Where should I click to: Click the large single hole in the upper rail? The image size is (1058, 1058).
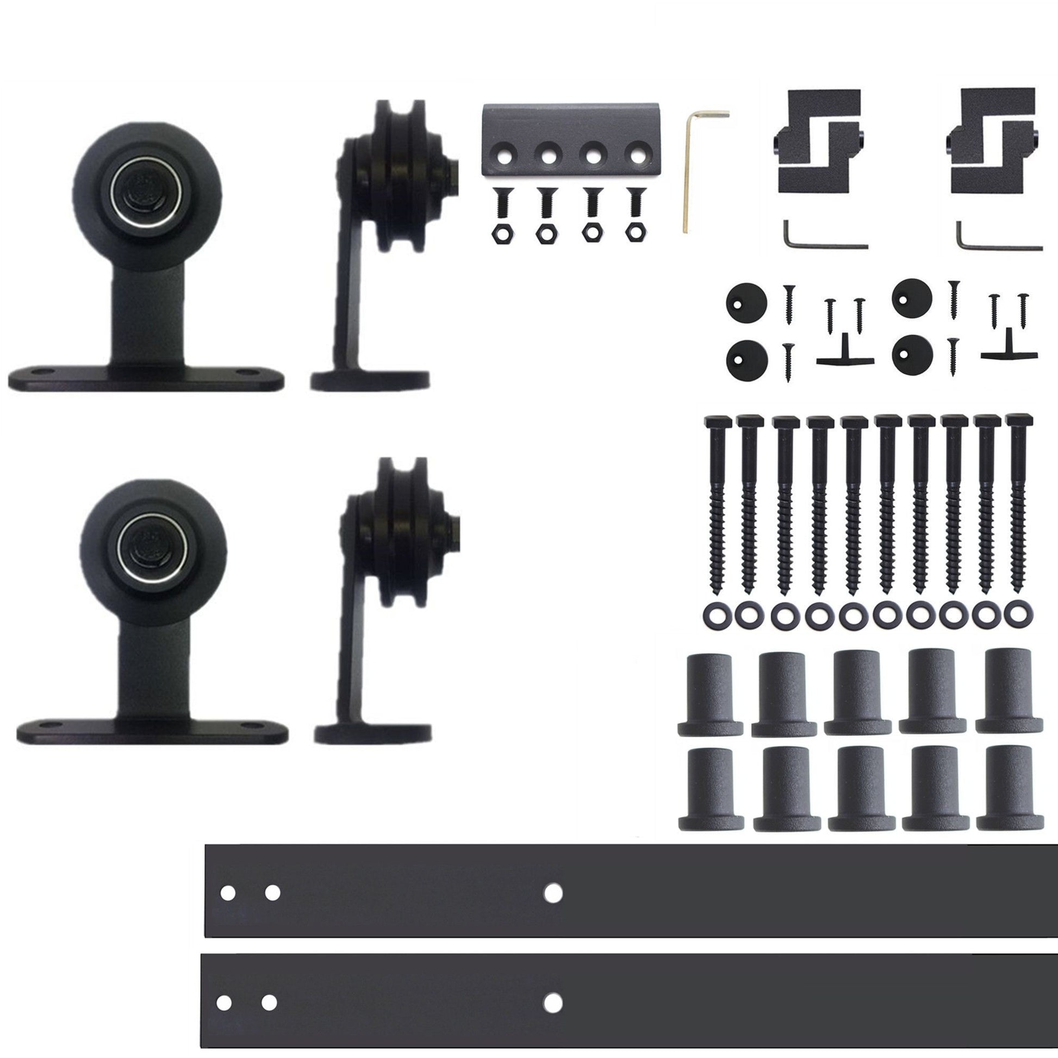553,893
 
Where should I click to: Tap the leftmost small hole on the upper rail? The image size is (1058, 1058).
228,893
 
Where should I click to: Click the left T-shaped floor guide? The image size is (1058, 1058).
844,357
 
